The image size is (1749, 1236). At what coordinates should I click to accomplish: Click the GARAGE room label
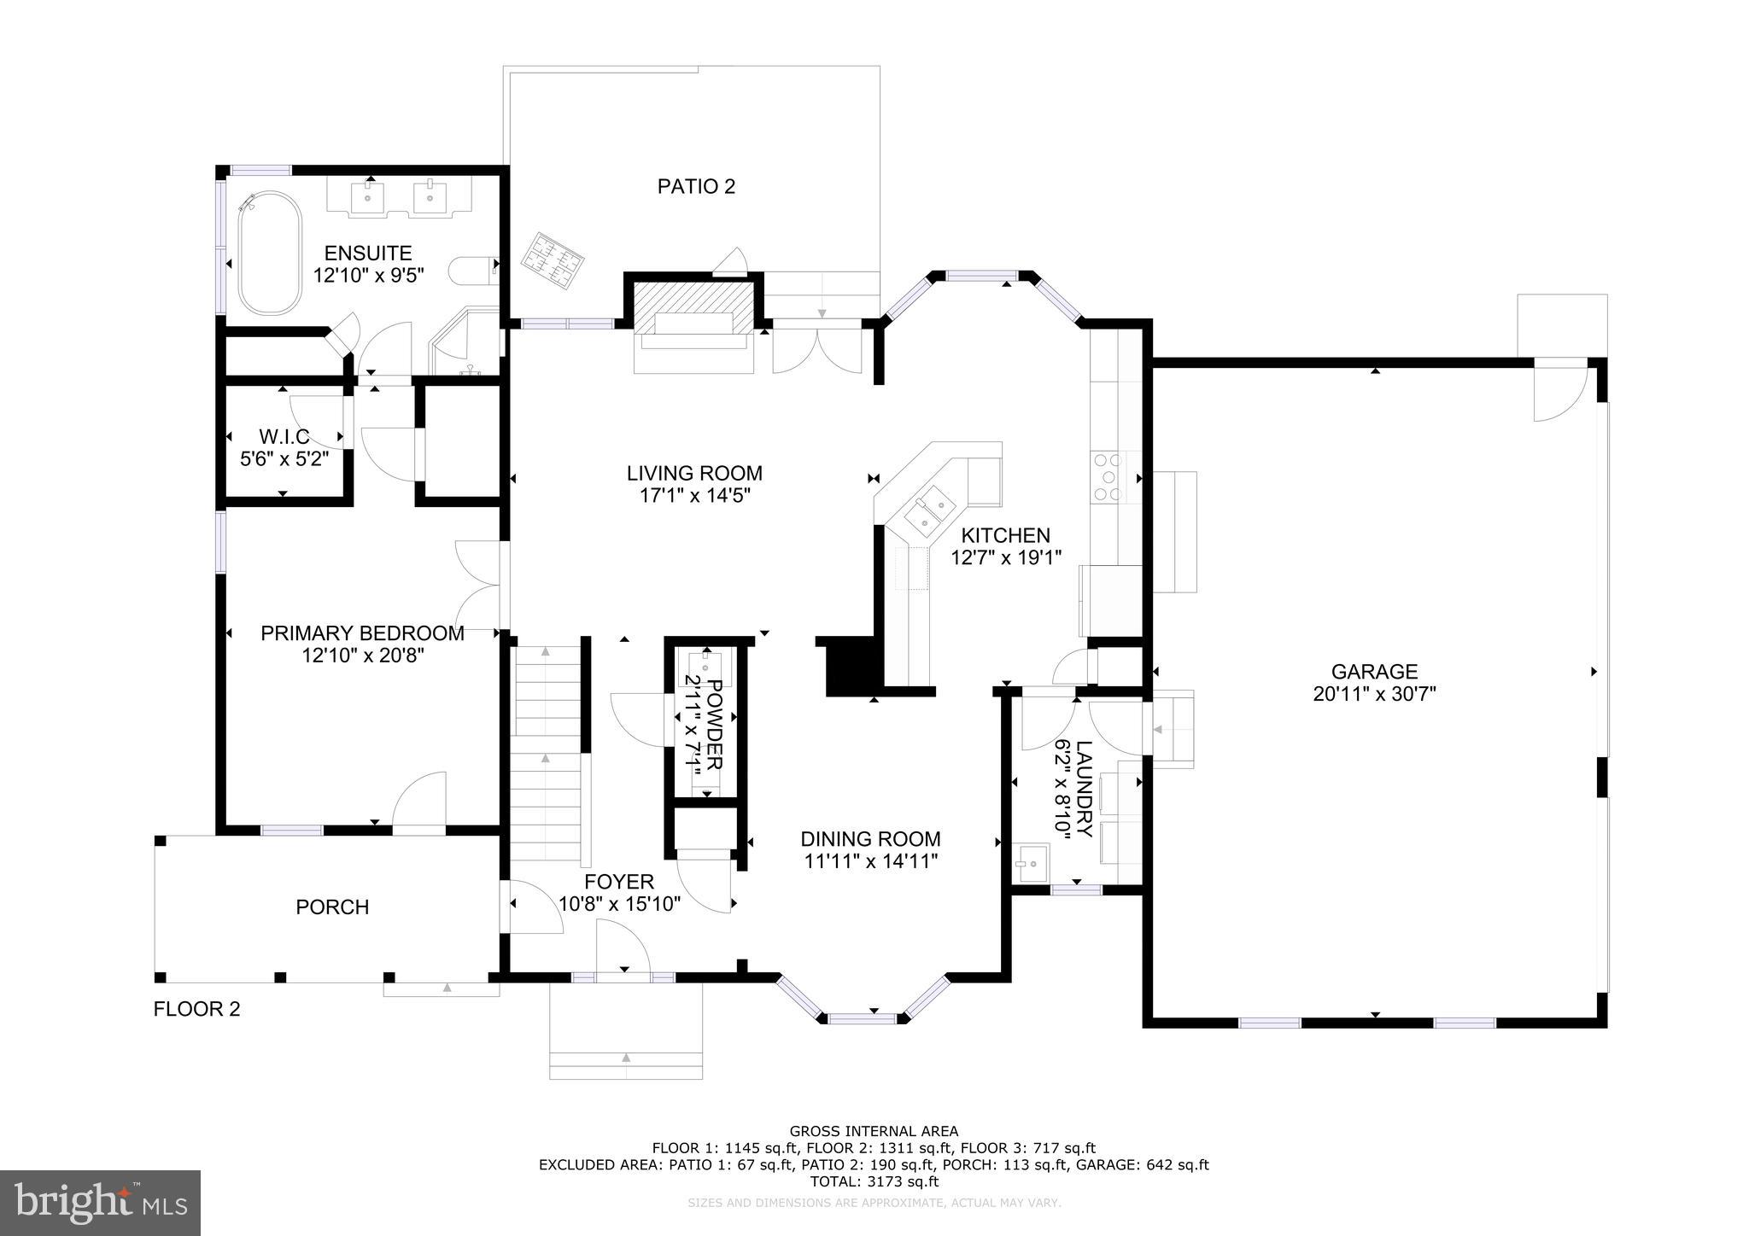tap(1374, 672)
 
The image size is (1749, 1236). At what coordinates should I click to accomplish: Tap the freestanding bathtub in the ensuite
tap(269, 254)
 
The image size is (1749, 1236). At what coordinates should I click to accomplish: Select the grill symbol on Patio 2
tap(553, 260)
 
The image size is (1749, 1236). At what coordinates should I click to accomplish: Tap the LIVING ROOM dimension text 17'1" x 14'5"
tap(694, 495)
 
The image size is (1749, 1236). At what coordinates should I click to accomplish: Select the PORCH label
tap(332, 907)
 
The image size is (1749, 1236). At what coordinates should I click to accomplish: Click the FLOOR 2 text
tap(196, 1009)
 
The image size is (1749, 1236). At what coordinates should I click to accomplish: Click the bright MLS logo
tap(100, 1203)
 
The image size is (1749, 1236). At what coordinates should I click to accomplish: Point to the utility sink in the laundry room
tap(1031, 863)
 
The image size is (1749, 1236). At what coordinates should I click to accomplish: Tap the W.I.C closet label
tap(284, 437)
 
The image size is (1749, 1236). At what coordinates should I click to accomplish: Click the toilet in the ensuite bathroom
tap(472, 271)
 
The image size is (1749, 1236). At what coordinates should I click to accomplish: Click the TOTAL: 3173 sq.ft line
tap(874, 1181)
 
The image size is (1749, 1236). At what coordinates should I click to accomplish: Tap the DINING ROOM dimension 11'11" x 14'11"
tap(871, 861)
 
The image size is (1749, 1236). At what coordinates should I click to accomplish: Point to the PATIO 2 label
tap(696, 186)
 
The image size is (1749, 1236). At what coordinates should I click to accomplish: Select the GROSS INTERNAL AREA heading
tap(874, 1132)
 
